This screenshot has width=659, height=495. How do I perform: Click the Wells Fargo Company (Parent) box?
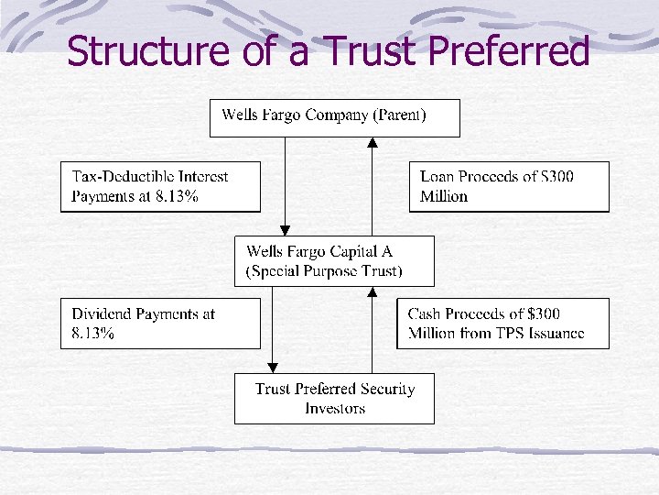334,117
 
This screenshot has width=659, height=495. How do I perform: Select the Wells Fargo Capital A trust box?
334,261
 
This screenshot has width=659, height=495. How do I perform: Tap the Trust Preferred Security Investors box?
334,399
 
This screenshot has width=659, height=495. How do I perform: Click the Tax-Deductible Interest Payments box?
160,186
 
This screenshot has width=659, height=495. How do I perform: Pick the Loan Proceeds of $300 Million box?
508,186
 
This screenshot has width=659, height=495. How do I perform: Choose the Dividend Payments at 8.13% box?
160,324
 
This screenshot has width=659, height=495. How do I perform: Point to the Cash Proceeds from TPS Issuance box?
502,324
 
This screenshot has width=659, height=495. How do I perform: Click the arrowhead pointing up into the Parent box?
372,143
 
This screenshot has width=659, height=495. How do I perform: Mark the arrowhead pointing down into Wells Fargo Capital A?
285,230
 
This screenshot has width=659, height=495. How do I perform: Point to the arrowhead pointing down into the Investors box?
272,368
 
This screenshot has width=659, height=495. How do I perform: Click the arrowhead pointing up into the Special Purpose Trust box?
372,292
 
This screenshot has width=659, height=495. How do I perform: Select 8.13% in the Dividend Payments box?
93,334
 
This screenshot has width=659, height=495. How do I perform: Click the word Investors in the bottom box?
335,409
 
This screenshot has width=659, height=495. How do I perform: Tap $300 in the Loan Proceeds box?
556,176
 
